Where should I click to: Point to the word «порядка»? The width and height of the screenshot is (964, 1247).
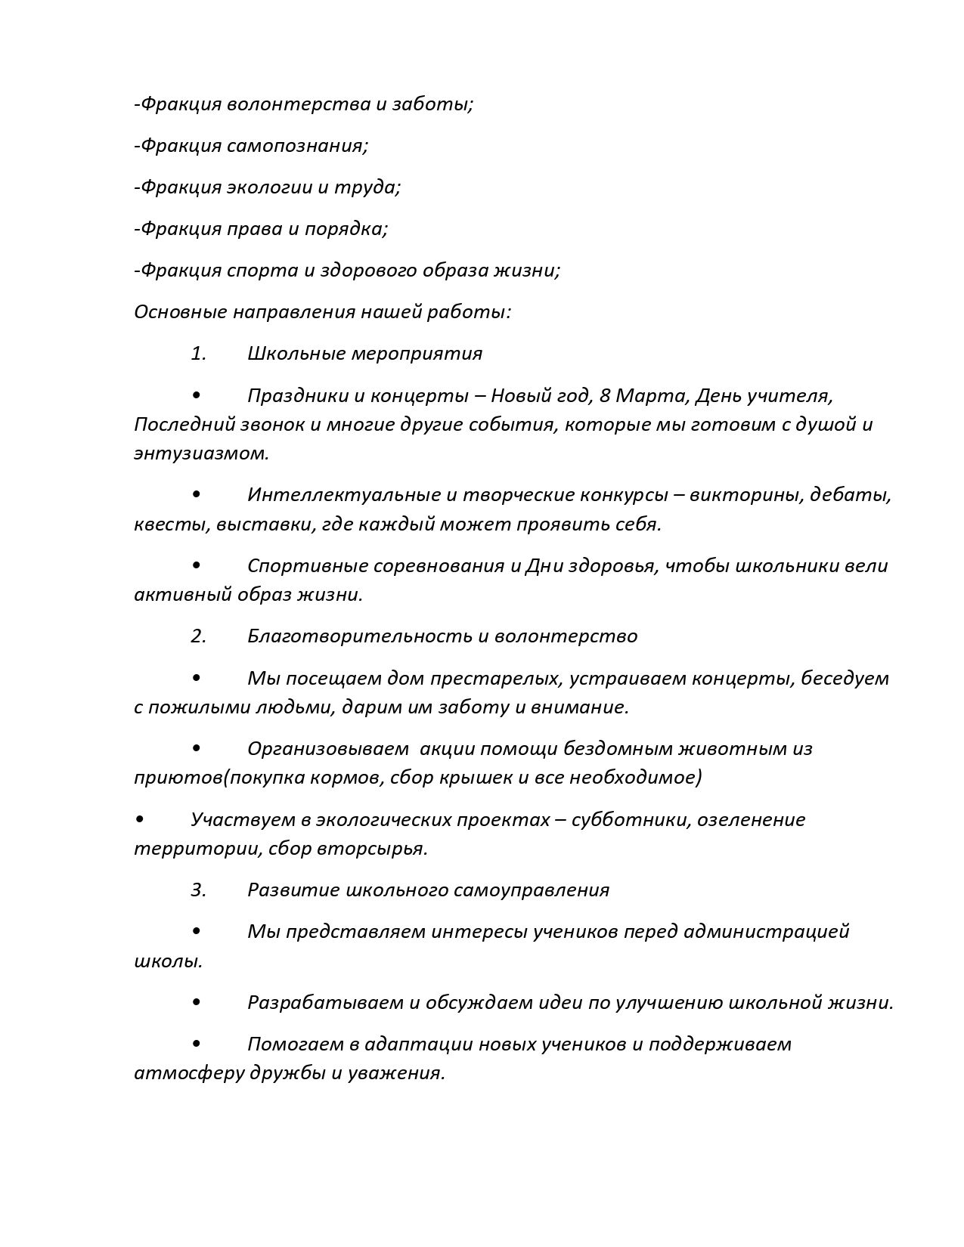click(346, 228)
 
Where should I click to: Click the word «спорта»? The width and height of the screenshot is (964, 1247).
click(263, 270)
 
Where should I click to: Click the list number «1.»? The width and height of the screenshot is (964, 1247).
click(198, 353)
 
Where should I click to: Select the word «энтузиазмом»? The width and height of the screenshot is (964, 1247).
click(201, 453)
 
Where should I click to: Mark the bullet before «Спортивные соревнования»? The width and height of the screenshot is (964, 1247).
click(197, 565)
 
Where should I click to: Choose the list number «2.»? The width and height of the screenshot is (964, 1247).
click(198, 636)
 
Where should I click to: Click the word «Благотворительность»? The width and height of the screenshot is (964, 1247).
click(359, 636)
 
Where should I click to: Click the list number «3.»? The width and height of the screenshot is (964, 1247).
click(198, 890)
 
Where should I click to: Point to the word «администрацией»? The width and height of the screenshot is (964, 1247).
click(767, 931)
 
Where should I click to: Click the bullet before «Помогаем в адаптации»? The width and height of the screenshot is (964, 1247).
click(197, 1044)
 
